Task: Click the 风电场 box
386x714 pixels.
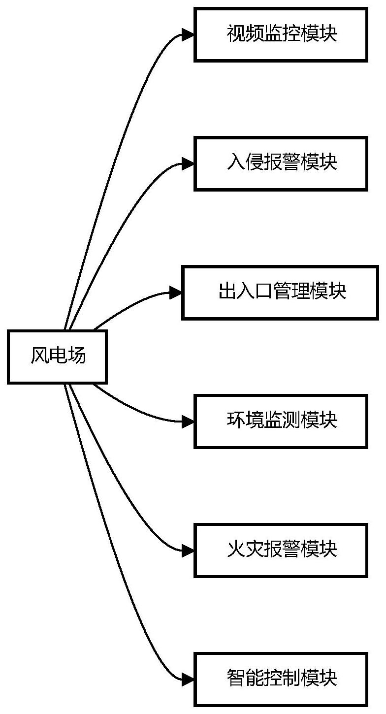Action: coord(57,357)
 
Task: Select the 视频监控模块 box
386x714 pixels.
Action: coord(281,34)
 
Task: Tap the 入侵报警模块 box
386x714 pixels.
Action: coord(281,163)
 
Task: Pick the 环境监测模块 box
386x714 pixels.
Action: coord(281,421)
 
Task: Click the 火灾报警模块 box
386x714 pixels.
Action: coord(281,550)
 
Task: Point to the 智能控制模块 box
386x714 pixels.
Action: coord(281,679)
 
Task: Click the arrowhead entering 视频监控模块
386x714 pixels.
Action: coord(188,34)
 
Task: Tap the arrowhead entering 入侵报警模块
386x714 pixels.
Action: coord(188,163)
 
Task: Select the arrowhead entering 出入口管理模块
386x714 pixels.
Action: coord(176,292)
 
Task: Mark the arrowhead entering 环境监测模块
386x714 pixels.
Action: coord(188,421)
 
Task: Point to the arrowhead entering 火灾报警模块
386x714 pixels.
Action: coord(188,550)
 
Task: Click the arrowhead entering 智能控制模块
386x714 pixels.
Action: coord(188,679)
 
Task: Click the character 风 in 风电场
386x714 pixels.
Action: coord(39,356)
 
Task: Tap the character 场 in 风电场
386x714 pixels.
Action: coord(76,356)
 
